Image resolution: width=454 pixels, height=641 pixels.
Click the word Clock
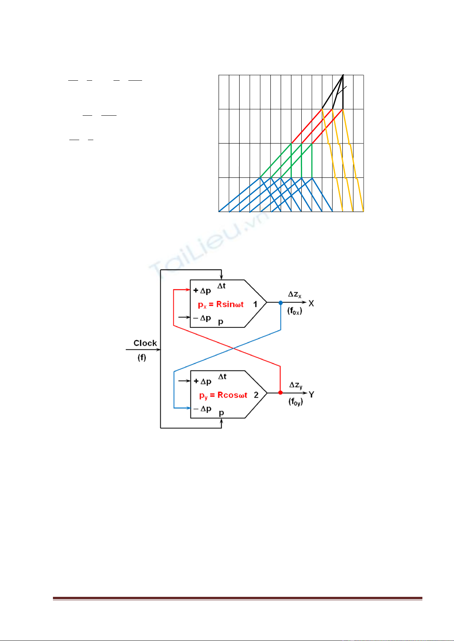[145, 343]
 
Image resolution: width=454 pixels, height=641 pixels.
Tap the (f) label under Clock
[142, 357]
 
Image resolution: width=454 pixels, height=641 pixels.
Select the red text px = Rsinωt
[221, 305]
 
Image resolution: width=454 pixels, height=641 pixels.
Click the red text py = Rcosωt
[223, 395]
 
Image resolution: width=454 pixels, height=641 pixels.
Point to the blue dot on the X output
[281, 303]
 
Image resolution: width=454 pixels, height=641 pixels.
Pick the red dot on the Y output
[280, 393]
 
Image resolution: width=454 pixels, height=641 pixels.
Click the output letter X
[311, 303]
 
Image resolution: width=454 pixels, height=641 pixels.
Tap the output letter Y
[312, 395]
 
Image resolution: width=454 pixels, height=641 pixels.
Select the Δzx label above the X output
[294, 295]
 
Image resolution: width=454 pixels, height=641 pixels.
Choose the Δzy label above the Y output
[296, 385]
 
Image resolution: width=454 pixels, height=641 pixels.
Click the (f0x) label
[294, 311]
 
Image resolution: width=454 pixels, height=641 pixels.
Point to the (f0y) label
[296, 402]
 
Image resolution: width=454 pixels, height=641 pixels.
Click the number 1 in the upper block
[255, 304]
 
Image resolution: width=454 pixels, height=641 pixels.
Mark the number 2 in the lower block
[256, 395]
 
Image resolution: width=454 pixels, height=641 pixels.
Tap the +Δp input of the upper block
[202, 291]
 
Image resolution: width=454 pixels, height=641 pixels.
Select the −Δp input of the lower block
[202, 409]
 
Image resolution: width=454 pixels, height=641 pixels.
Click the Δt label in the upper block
[221, 285]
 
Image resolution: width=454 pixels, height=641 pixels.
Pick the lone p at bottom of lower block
[221, 413]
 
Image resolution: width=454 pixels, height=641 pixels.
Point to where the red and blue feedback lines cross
[233, 348]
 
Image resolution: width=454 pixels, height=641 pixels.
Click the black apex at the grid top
[343, 75]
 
